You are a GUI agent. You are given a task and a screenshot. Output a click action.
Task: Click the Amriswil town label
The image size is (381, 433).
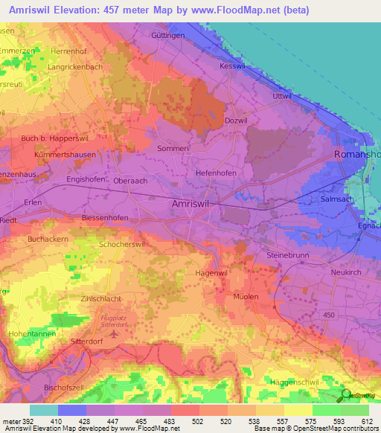point(190,203)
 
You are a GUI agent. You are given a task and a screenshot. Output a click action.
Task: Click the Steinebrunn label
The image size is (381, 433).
point(286,255)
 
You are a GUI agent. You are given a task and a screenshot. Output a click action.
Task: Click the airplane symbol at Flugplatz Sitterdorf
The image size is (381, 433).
point(113,333)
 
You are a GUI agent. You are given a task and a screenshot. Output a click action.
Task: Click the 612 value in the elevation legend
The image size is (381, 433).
point(368,421)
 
